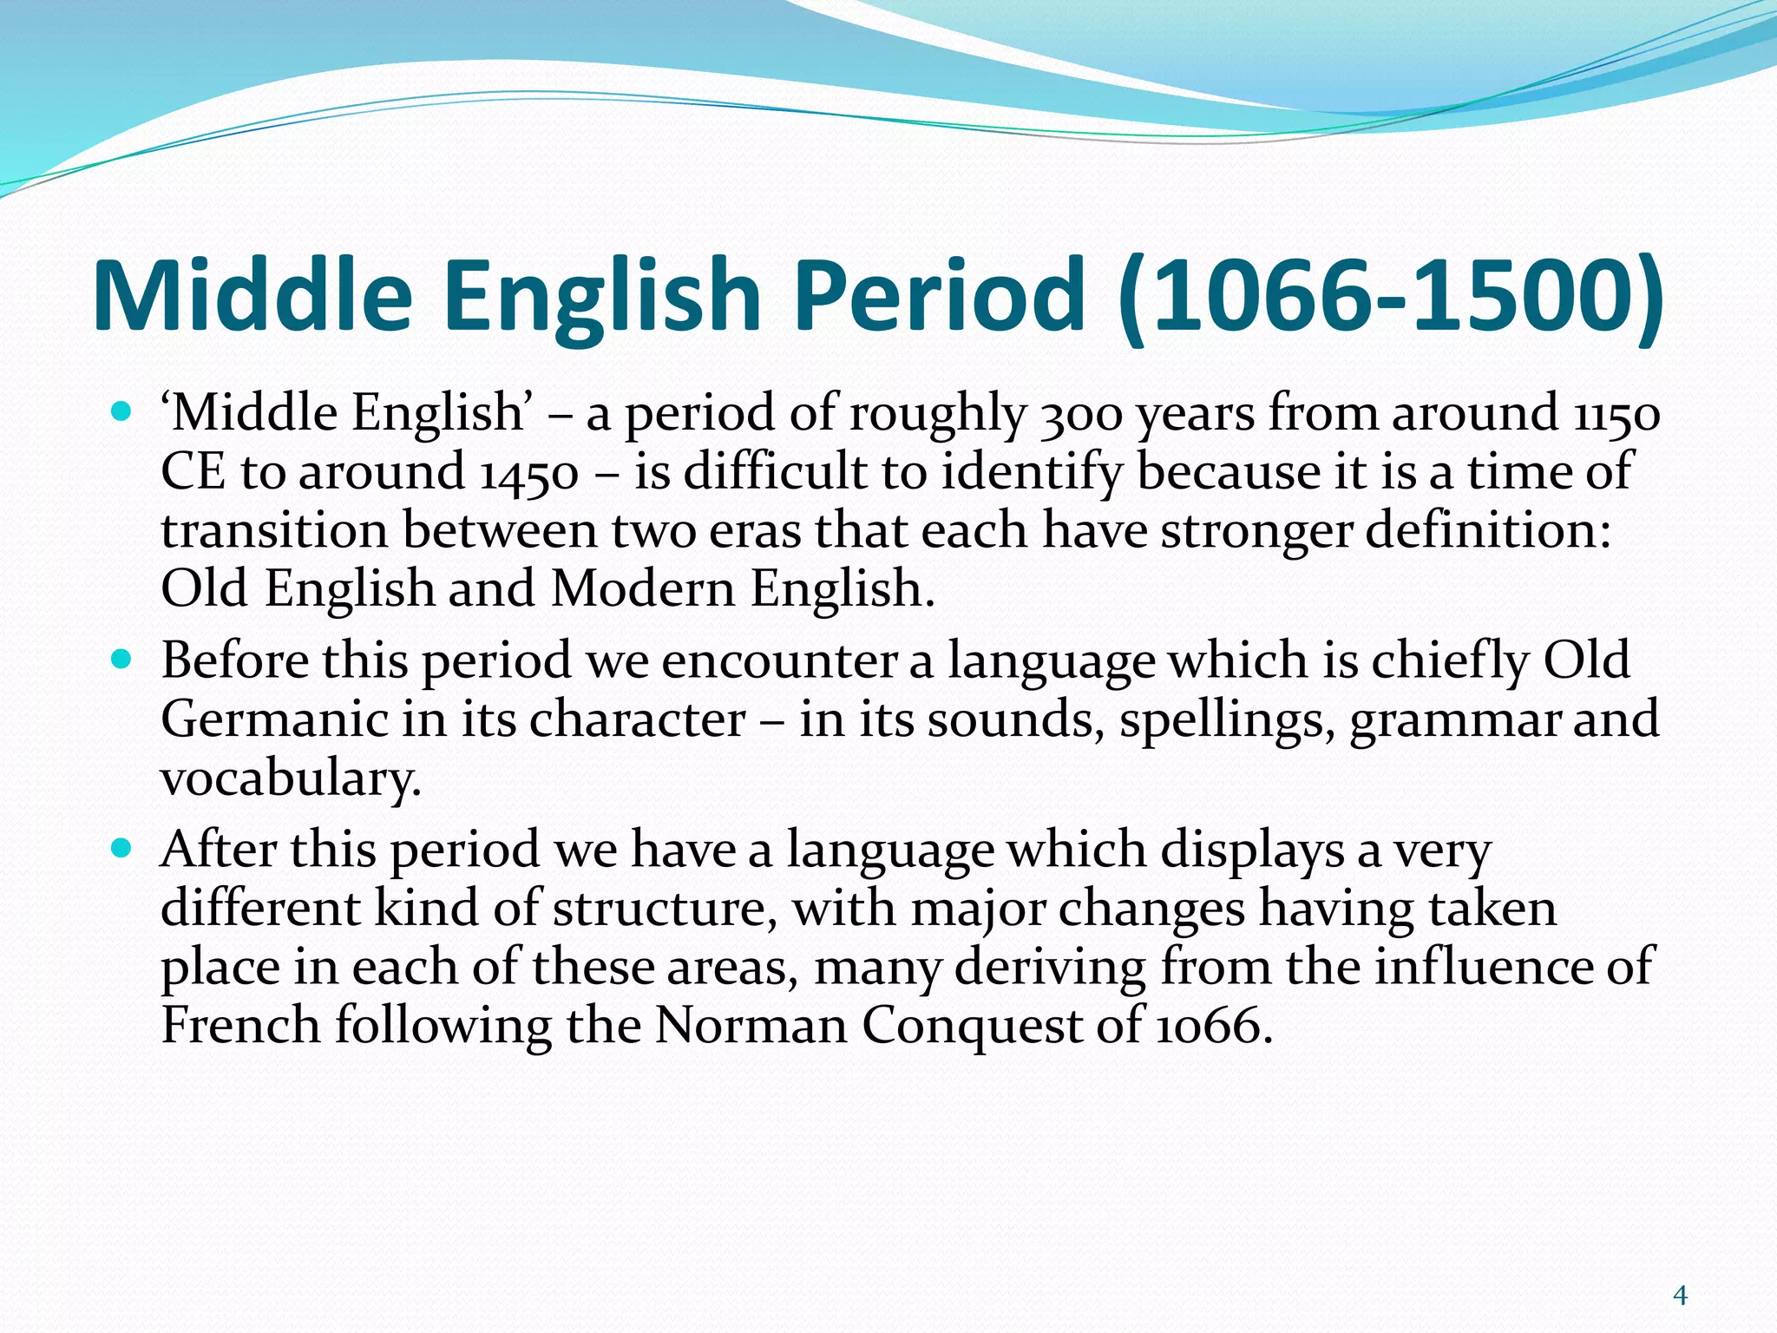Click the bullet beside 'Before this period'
[122, 660]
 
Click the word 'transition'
[274, 530]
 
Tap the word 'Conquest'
[971, 1027]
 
